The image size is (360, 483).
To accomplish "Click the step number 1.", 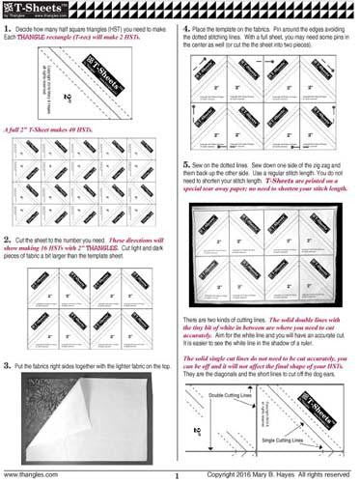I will coord(8,33).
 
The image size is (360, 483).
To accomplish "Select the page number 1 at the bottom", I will coord(179,475).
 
